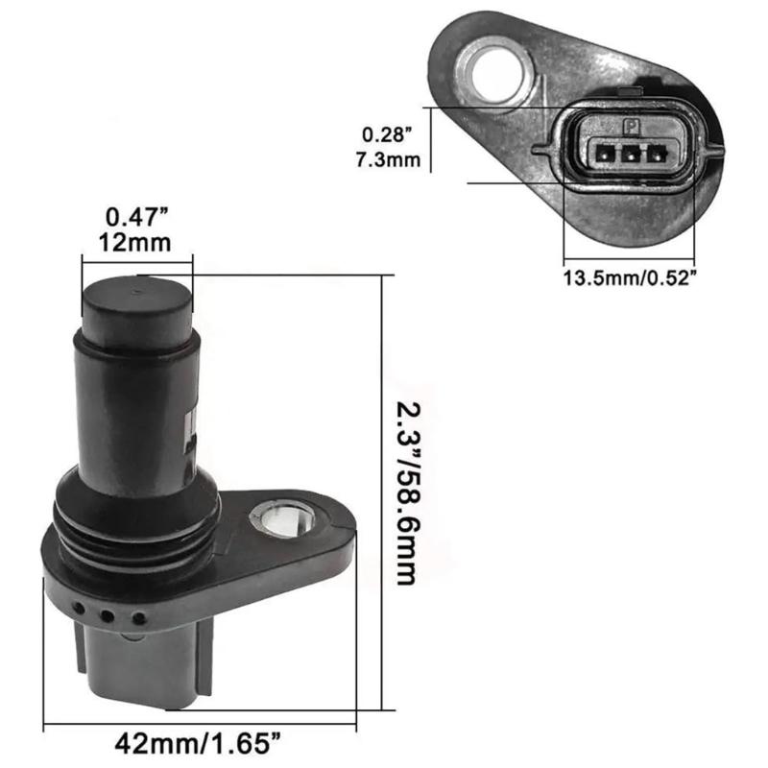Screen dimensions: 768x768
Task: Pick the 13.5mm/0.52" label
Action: [x=629, y=277]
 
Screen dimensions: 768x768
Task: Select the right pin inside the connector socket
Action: [x=657, y=152]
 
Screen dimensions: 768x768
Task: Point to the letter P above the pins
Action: [x=631, y=126]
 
